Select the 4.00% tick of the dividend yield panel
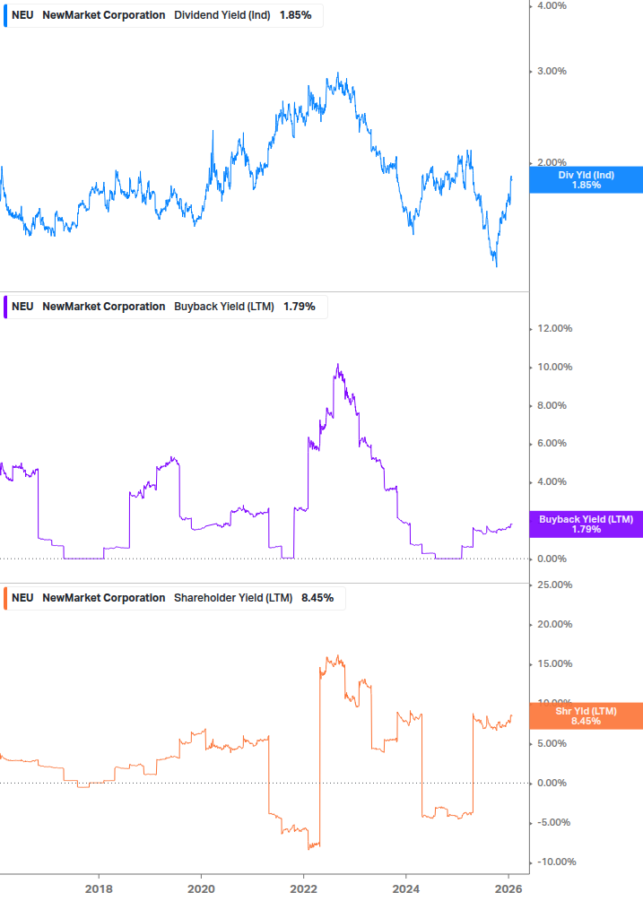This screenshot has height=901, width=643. (x=552, y=6)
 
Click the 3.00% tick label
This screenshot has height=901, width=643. (x=552, y=72)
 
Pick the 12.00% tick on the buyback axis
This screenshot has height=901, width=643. (x=554, y=329)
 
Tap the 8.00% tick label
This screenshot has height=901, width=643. (x=552, y=405)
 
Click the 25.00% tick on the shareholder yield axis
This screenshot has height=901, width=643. (x=554, y=585)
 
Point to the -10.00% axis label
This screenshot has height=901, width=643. (x=554, y=862)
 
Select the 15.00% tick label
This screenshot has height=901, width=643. (x=554, y=664)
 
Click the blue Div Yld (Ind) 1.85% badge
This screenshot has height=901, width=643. (x=586, y=180)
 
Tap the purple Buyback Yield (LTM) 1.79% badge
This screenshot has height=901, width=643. (x=586, y=524)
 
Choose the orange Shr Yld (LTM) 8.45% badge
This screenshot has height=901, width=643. (x=586, y=715)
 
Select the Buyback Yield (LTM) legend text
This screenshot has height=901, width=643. (x=224, y=307)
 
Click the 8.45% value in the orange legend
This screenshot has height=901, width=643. (x=317, y=598)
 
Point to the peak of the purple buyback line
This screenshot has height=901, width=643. (x=337, y=364)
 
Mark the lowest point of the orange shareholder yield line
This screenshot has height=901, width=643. (x=309, y=848)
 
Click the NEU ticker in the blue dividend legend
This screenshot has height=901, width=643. (x=22, y=15)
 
